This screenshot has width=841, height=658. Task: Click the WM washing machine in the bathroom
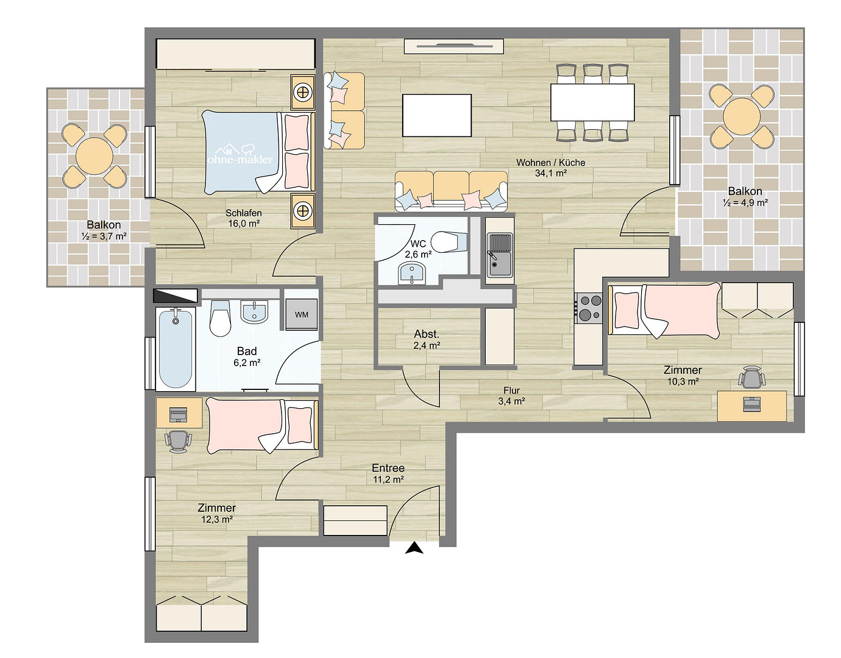point(302,314)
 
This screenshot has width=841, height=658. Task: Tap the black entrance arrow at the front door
point(414,548)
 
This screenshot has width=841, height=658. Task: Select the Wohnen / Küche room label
point(550,163)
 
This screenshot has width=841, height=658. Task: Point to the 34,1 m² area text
point(551,173)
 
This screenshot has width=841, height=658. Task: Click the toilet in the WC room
point(449,242)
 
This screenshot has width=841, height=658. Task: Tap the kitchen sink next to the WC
point(500,255)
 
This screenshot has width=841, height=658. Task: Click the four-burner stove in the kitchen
point(589,308)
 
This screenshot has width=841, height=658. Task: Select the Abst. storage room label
point(427,334)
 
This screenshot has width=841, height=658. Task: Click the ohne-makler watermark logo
point(240,154)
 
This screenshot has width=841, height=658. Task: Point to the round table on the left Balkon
point(94,156)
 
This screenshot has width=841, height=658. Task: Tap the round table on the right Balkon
point(741,116)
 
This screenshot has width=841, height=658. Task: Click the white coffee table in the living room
point(437,115)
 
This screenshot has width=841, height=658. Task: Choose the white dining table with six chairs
point(592,102)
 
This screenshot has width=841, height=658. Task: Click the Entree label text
point(388,468)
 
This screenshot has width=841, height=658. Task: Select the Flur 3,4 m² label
point(512,396)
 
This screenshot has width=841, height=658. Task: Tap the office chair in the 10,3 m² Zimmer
point(751,377)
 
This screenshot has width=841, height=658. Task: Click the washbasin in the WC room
point(411,272)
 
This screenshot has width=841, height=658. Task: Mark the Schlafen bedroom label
point(243,213)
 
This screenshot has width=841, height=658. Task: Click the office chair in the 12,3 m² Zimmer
point(178,442)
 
